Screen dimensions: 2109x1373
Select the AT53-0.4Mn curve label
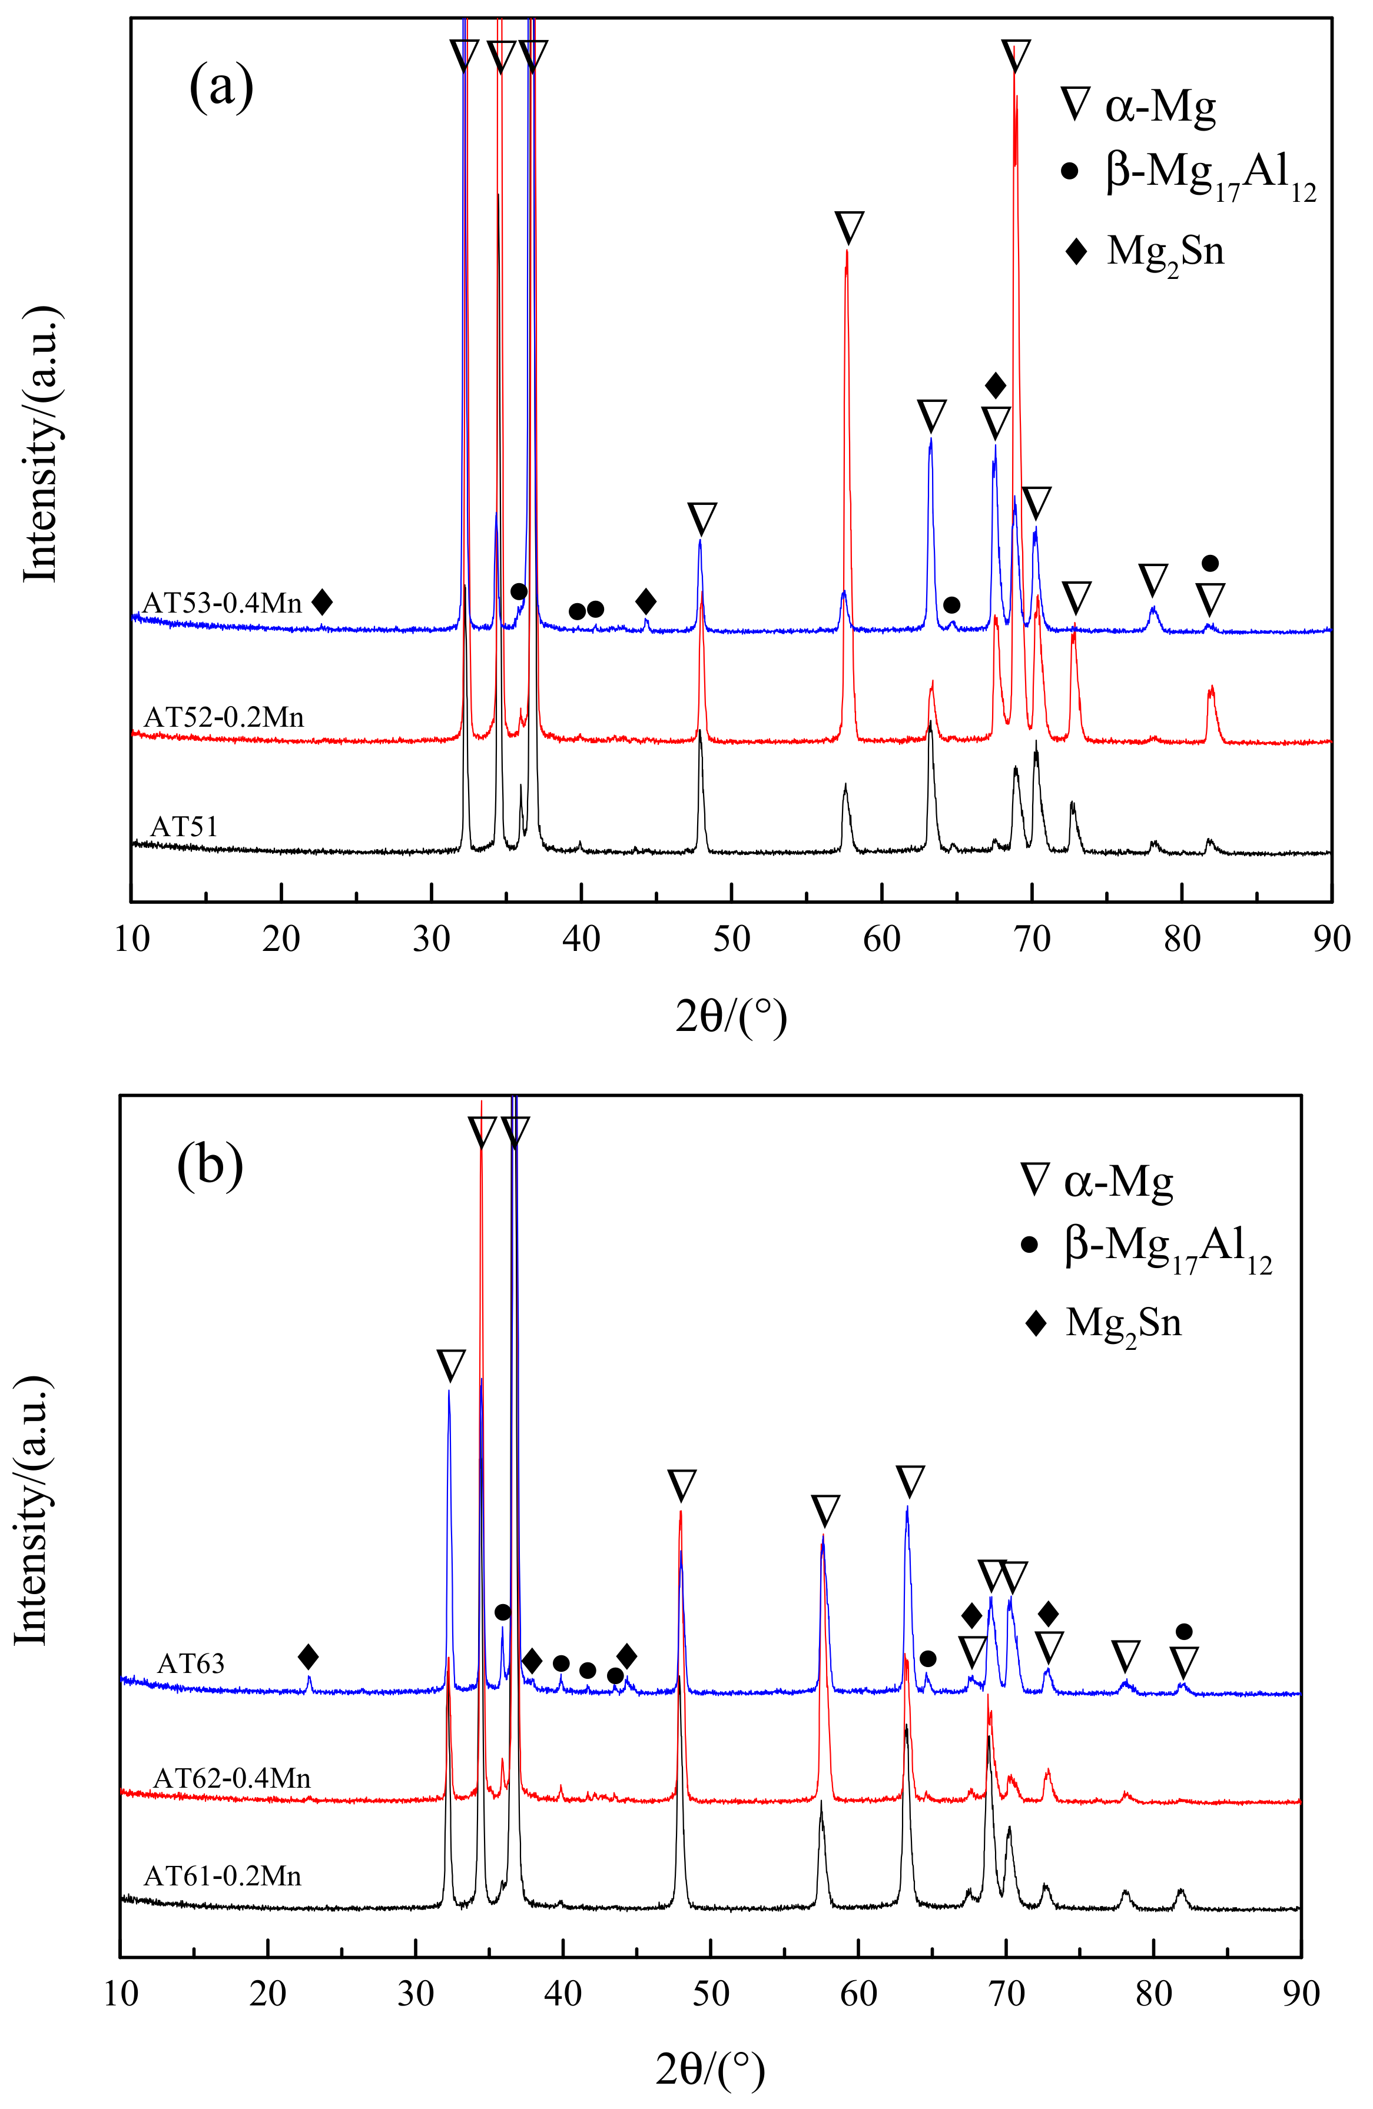pyautogui.click(x=223, y=604)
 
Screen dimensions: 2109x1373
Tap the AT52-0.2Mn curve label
pyautogui.click(x=223, y=716)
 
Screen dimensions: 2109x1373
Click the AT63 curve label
pyautogui.click(x=191, y=1664)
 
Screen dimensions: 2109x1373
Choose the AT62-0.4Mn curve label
pyautogui.click(x=231, y=1778)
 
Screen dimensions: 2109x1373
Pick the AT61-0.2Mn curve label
pyautogui.click(x=221, y=1876)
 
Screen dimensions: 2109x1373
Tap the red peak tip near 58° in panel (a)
pyautogui.click(x=847, y=252)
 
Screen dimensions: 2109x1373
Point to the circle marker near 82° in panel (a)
pyautogui.click(x=1210, y=564)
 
